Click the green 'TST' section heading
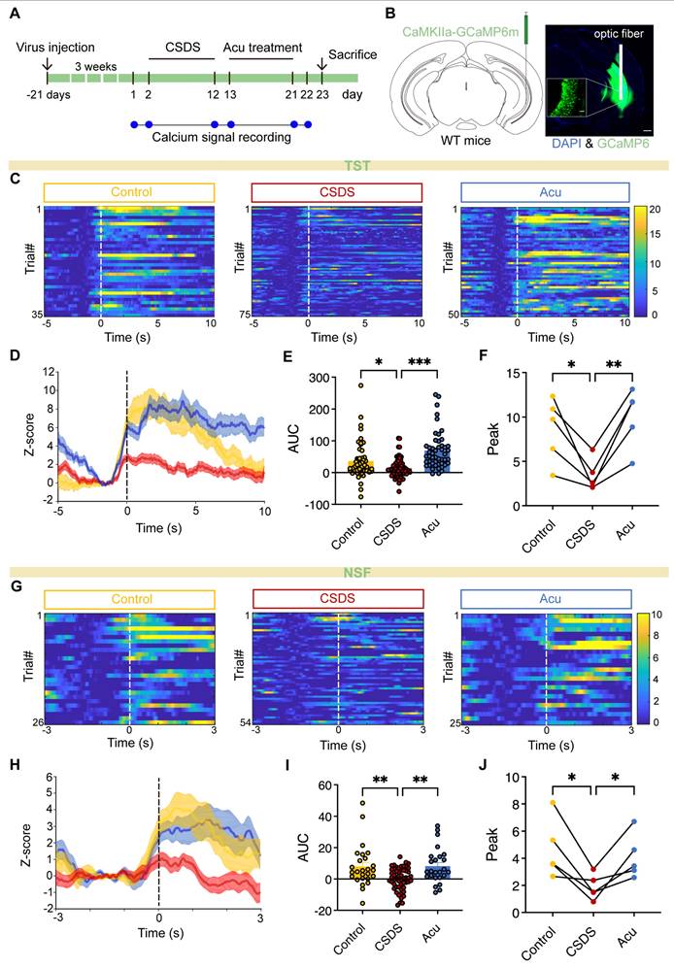click(x=337, y=166)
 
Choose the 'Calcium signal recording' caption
click(x=221, y=138)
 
